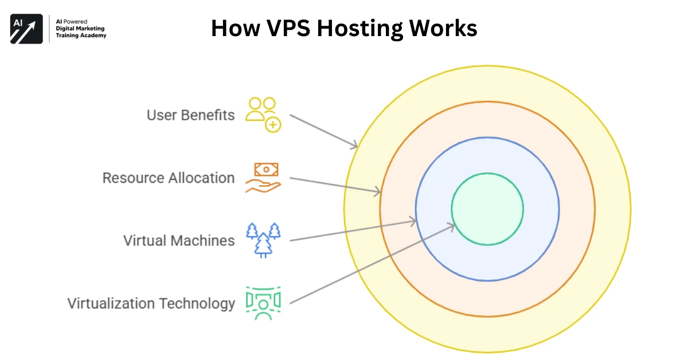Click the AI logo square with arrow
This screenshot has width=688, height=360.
26,29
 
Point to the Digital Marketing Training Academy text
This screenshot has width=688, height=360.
81,29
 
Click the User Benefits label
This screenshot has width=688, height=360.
190,115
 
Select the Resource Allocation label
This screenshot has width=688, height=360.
169,178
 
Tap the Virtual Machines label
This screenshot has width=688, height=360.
179,240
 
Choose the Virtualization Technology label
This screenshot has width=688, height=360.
151,303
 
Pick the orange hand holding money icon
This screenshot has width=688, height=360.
263,177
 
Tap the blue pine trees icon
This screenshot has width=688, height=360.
263,240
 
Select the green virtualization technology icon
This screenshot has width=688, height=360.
263,302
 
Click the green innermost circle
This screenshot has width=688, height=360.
487,209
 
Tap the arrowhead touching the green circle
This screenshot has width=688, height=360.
451,227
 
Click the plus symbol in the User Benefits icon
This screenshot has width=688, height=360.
272,124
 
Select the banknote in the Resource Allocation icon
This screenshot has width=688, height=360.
266,169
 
